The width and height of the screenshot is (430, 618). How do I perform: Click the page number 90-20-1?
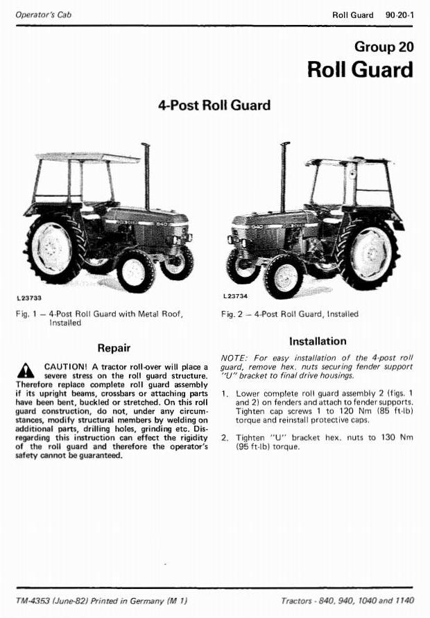point(399,15)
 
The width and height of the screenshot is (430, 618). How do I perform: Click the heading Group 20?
point(384,46)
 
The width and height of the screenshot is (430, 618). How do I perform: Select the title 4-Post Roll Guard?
point(214,105)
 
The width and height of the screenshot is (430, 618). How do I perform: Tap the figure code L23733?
point(29,298)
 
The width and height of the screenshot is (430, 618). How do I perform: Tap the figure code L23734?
point(235,296)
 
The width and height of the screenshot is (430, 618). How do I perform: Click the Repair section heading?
point(114,348)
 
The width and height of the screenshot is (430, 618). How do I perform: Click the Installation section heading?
point(318,341)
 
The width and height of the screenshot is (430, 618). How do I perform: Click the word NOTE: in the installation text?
point(235,359)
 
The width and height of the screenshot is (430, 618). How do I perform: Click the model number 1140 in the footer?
point(405,601)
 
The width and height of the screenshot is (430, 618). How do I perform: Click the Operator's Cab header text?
point(44,15)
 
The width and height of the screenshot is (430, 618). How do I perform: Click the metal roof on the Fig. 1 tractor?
point(87,157)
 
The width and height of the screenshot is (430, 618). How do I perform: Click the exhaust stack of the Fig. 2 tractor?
point(284,178)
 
